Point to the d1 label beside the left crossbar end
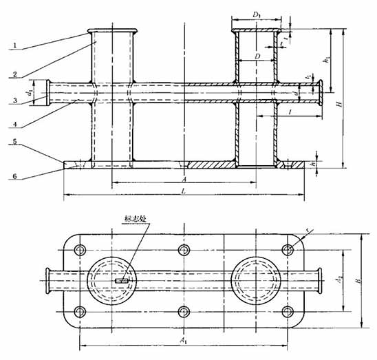pos(30,91)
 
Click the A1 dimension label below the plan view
pos(182,340)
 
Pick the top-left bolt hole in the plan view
pos(80,249)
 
